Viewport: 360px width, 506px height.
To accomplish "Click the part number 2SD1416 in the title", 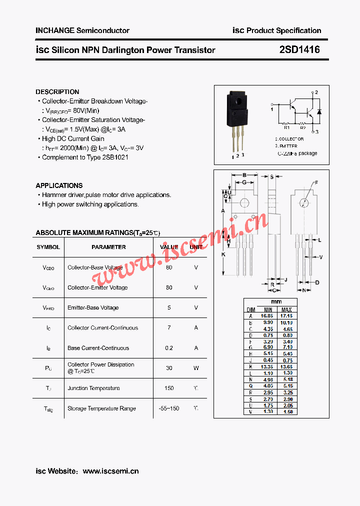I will click(299, 49).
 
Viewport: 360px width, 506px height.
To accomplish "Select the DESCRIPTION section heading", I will click(57, 92).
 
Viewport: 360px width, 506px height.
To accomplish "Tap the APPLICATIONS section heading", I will click(59, 185).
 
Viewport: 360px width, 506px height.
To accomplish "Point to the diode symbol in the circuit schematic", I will click(319, 111).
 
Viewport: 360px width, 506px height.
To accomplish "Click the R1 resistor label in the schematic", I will click(286, 127).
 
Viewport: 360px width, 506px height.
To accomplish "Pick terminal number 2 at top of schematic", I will click(316, 92).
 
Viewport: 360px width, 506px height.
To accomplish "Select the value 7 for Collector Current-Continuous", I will click(169, 328).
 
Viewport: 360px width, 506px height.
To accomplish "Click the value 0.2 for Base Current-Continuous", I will click(169, 348).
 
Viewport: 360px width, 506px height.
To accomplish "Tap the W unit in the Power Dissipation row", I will click(196, 368).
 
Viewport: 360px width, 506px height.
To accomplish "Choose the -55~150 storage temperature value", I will click(169, 408).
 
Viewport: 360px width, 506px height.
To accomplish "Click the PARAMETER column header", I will click(108, 247).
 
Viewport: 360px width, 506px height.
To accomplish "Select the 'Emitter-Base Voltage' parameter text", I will click(93, 307).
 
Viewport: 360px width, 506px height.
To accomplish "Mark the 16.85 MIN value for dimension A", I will click(267, 316).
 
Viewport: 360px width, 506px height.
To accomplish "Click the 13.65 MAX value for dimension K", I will click(286, 366).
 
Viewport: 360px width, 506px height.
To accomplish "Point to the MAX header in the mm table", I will click(286, 310).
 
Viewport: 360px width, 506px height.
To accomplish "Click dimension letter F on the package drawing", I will click(316, 183).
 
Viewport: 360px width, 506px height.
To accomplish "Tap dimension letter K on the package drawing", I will click(223, 254).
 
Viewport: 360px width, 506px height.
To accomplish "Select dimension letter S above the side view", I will click(272, 176).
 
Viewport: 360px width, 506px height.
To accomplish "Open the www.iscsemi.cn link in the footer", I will click(110, 471).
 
